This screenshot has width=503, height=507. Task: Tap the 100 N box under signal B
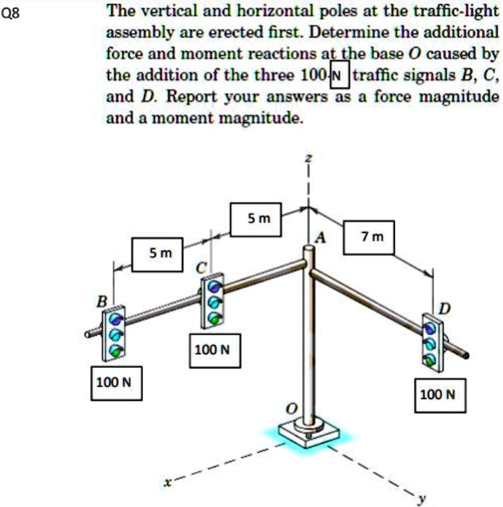(116, 382)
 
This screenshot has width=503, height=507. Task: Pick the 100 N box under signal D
(440, 395)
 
